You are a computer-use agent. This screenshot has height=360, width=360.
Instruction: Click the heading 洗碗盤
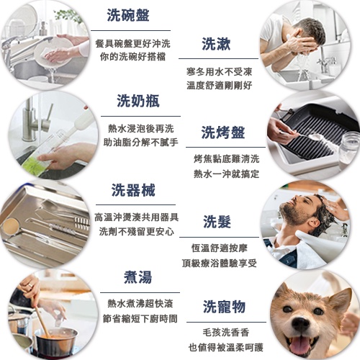[x=128, y=15]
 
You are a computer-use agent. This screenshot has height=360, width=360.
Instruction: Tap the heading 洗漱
[x=216, y=44]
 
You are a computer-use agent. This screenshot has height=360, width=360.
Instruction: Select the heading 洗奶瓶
[x=138, y=101]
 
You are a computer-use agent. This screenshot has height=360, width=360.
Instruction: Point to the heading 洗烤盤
[x=223, y=132]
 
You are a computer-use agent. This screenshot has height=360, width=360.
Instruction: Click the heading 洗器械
[x=133, y=190]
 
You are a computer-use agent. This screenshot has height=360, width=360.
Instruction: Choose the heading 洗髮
[x=217, y=222]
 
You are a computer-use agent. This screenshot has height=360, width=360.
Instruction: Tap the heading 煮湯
[x=138, y=277]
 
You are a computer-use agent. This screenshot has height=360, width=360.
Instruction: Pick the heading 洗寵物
[x=224, y=307]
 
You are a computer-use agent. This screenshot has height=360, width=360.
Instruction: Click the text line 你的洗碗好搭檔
[x=132, y=57]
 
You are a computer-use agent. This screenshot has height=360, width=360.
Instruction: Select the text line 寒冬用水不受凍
[x=219, y=71]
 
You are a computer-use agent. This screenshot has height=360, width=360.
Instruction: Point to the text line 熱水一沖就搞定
[x=226, y=174]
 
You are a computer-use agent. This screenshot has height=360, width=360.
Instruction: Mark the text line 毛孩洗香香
[x=226, y=333]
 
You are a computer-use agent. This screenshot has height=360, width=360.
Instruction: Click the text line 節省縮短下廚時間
[x=140, y=319]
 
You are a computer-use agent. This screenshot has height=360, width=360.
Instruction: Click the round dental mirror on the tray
[x=9, y=225]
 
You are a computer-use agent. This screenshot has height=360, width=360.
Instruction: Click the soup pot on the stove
[x=56, y=341]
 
